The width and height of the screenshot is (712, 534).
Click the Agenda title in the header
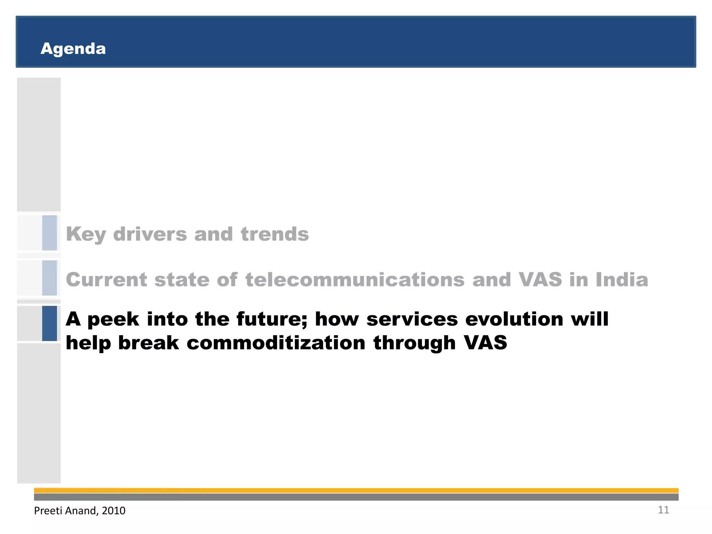(73, 49)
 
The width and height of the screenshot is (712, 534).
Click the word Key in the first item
(86, 234)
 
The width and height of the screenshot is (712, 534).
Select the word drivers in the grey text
(150, 234)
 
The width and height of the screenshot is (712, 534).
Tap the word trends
(275, 234)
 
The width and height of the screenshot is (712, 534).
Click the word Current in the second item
(106, 280)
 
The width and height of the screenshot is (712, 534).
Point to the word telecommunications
(355, 280)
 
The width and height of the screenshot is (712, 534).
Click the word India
(622, 280)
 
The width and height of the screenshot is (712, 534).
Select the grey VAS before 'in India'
(540, 280)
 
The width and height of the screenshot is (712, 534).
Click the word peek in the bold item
(113, 319)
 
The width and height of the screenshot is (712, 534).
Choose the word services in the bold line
(412, 319)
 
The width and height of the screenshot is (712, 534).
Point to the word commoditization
(276, 343)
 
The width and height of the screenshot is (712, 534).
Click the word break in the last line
(148, 343)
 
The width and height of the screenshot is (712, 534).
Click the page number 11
(663, 510)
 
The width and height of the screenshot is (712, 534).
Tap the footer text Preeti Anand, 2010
(80, 510)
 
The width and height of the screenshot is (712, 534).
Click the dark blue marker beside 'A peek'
(50, 323)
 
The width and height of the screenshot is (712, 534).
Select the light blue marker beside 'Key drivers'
(50, 233)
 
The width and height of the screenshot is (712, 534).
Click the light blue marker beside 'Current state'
(50, 278)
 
